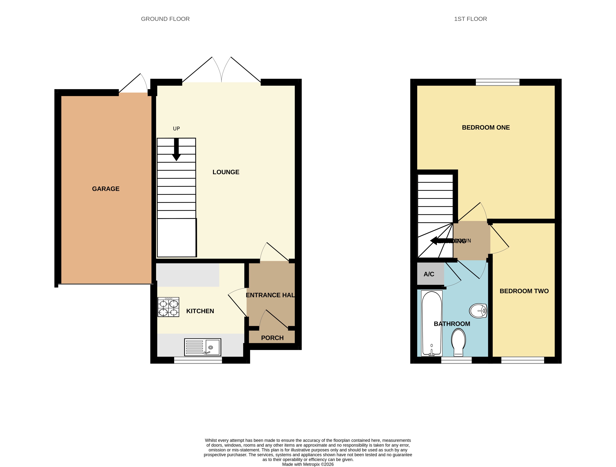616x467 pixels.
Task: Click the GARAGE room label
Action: pos(106,189)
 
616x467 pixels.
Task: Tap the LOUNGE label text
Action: pos(226,172)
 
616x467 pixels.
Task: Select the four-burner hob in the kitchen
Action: pos(168,307)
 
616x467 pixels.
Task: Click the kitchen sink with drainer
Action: pos(203,347)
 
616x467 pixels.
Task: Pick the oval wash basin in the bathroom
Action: pos(478,310)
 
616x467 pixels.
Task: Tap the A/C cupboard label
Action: pos(429,274)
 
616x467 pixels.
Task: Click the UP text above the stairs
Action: pos(176,129)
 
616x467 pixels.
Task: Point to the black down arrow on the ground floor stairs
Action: pos(176,150)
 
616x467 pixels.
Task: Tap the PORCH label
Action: pos(272,338)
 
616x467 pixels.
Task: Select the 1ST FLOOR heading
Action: pos(470,19)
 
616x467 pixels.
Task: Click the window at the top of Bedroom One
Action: pos(497,82)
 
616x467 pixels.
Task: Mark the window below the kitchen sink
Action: pos(198,360)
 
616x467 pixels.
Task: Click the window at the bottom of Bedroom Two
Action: pos(522,360)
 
